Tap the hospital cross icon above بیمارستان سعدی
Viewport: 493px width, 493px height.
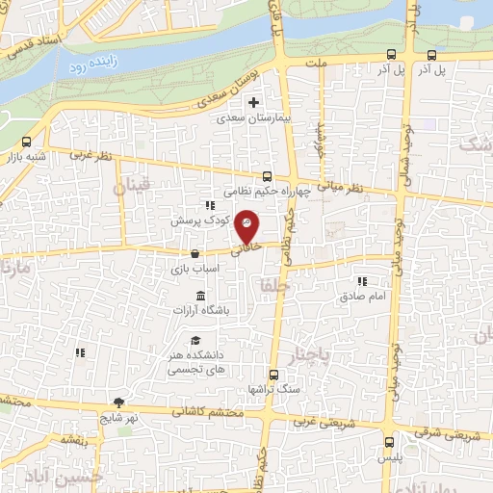(x=254, y=103)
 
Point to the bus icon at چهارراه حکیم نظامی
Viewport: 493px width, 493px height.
(x=267, y=176)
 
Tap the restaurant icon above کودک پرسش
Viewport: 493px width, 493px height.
(x=209, y=205)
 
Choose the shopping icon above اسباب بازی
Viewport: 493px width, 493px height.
(x=196, y=254)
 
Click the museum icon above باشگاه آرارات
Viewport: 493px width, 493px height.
(x=200, y=295)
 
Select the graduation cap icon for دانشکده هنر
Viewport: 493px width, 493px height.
(x=196, y=340)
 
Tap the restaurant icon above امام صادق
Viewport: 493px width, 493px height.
(x=362, y=281)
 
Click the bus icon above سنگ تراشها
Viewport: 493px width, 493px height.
(x=273, y=375)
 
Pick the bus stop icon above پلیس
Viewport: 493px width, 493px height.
(x=389, y=444)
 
